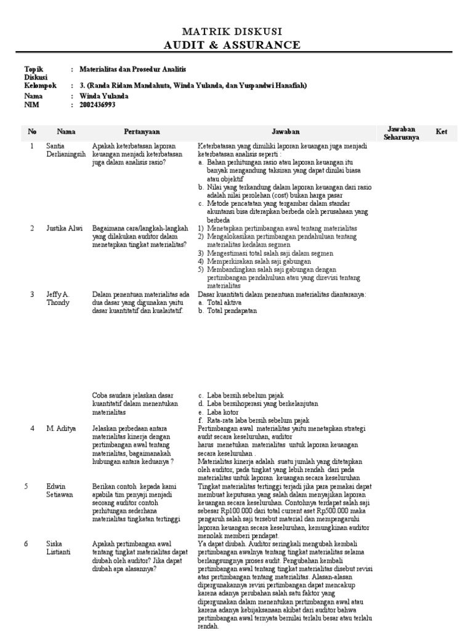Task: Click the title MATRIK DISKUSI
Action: click(236, 31)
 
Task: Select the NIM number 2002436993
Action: click(97, 105)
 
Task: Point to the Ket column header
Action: click(442, 131)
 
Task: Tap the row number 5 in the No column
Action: click(26, 486)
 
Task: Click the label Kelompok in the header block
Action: click(39, 86)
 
